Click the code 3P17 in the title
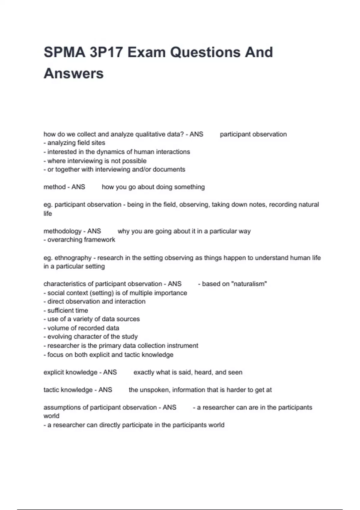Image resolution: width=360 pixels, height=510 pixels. (x=106, y=52)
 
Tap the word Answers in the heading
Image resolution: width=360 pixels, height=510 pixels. (x=74, y=73)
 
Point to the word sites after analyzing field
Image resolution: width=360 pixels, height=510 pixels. (x=98, y=143)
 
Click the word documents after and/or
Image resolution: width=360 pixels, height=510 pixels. (x=169, y=169)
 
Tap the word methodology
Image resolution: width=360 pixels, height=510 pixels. (x=62, y=231)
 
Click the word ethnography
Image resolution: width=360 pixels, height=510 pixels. (x=73, y=258)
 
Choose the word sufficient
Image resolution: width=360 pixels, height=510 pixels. (x=61, y=310)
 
